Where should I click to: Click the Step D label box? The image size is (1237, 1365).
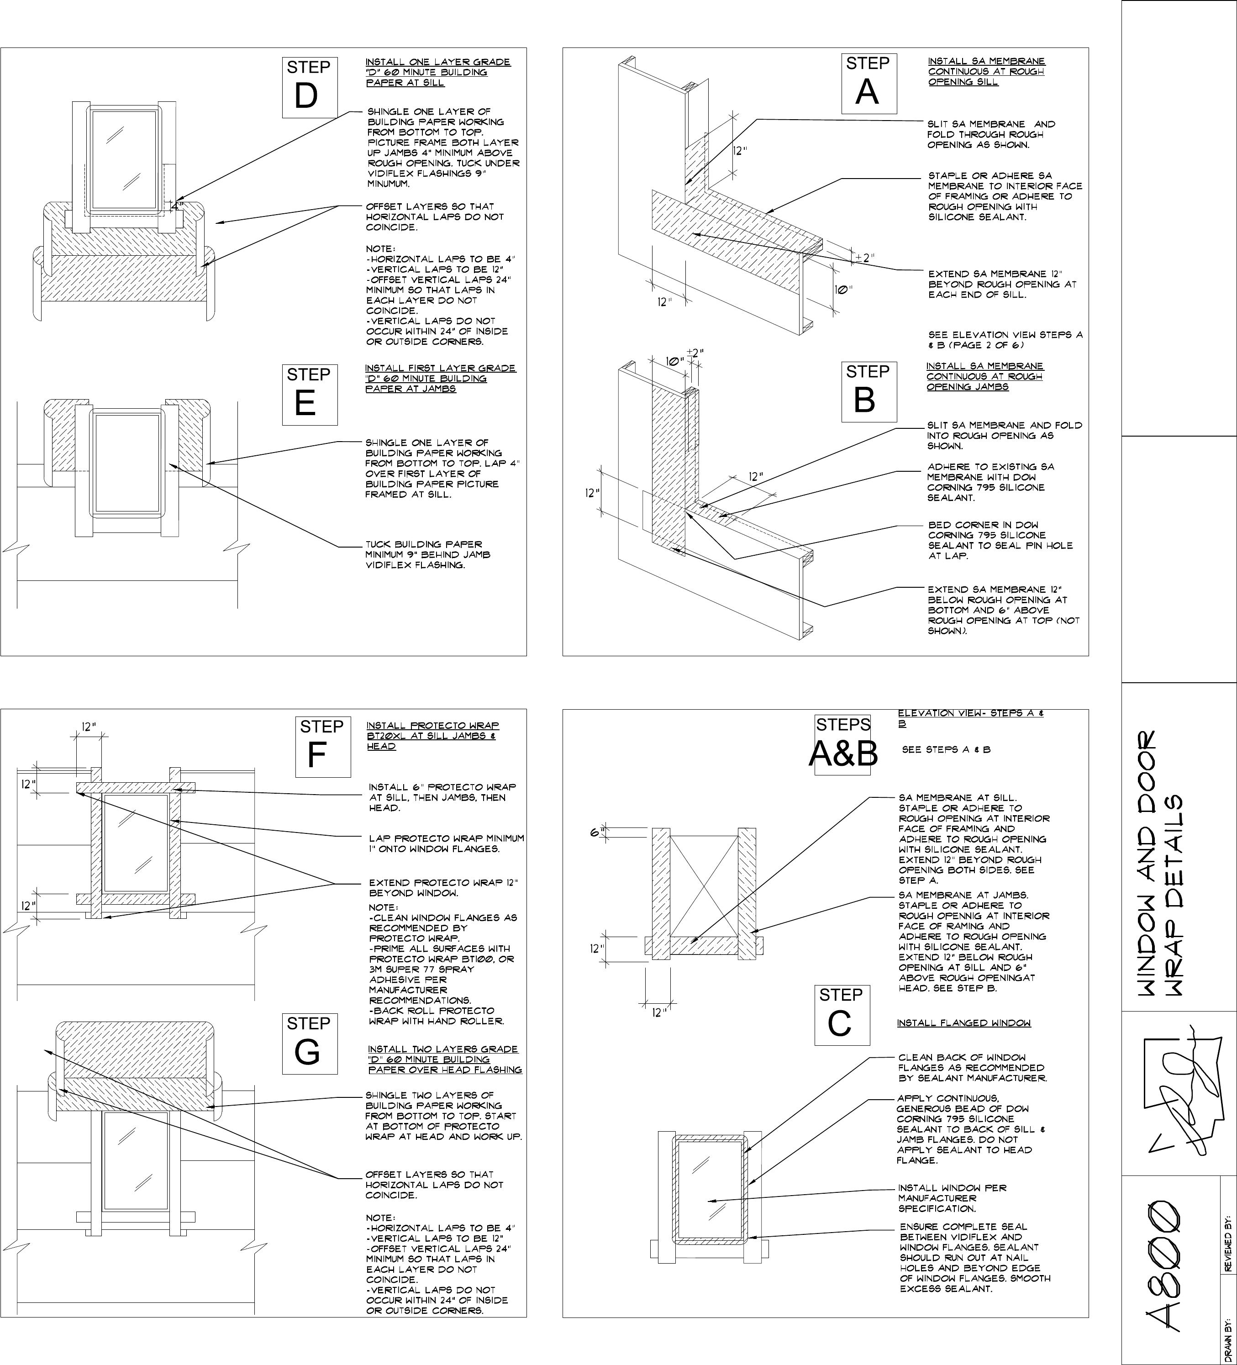pyautogui.click(x=310, y=87)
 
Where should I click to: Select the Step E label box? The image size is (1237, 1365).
pyautogui.click(x=310, y=395)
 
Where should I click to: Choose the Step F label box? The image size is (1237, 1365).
pyautogui.click(x=323, y=746)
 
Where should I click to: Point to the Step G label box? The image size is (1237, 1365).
pyautogui.click(x=310, y=1044)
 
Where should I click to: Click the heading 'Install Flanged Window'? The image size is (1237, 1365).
pyautogui.click(x=963, y=1022)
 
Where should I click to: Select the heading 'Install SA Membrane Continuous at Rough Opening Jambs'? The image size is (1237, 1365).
pyautogui.click(x=984, y=376)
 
